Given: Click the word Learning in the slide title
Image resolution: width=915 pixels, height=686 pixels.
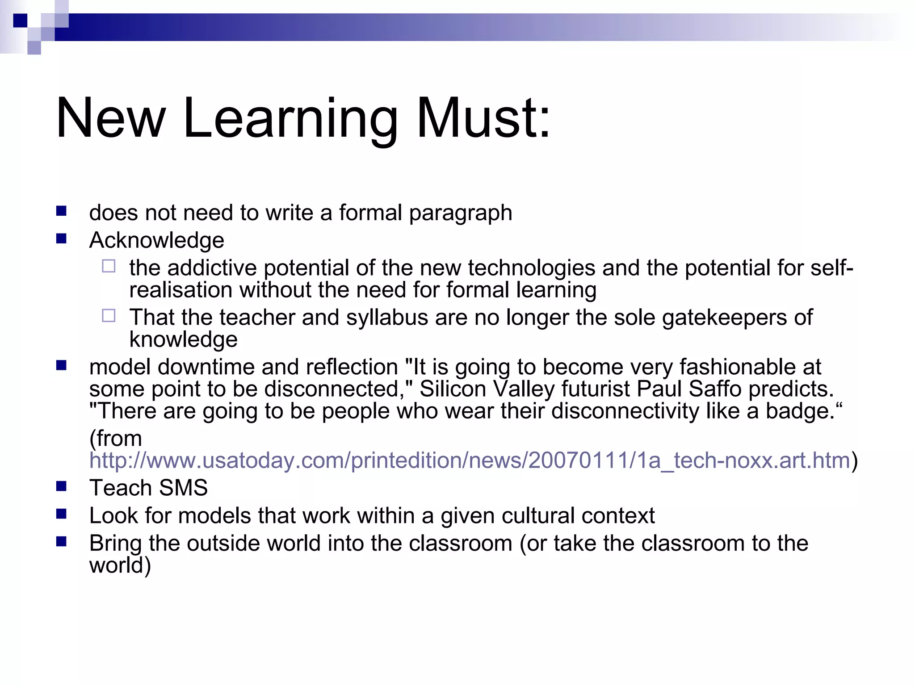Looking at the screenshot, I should coord(290,119).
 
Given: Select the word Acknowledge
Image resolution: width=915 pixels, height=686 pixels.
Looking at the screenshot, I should coord(156,240).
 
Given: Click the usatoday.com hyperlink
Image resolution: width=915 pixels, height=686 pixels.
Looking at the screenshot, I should coord(470,460).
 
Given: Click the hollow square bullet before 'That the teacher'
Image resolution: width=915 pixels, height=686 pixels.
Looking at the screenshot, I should coord(109,316).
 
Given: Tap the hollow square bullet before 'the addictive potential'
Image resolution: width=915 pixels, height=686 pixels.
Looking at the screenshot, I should coord(109,266).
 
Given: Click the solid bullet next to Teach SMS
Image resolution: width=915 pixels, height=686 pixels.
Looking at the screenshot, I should coord(61,486).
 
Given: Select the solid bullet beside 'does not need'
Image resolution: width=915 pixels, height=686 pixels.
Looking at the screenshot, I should coord(61,211).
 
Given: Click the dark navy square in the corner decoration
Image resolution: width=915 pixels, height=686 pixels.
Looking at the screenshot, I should coord(20,21).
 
